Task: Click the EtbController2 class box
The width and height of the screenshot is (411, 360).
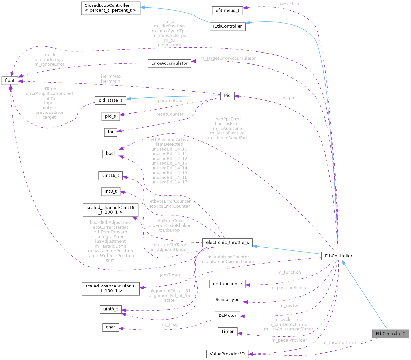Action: (390, 334)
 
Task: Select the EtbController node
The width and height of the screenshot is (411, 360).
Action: (338, 256)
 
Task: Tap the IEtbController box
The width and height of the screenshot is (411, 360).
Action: (227, 26)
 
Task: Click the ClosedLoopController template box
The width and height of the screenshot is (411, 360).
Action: (111, 8)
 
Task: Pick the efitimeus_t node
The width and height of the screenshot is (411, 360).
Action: (227, 10)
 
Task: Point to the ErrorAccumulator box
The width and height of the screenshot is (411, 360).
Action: (169, 63)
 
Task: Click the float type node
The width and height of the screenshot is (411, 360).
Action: (10, 81)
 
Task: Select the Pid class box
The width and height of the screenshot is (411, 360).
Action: (227, 96)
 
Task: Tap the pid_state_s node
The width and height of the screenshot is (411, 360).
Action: (110, 100)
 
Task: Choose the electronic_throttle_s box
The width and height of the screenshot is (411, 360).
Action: (227, 243)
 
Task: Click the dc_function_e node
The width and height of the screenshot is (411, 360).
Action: (227, 284)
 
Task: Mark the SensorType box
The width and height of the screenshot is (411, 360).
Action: (227, 300)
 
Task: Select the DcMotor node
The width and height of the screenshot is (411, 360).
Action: (227, 316)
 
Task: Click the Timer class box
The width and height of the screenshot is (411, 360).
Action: (227, 332)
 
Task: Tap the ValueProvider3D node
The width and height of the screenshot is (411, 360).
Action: (227, 354)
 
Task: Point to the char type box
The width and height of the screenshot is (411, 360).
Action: (110, 327)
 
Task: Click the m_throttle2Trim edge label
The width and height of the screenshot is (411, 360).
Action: (339, 343)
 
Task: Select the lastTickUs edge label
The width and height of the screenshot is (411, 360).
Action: (289, 4)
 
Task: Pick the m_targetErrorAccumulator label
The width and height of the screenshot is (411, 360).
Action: (228, 58)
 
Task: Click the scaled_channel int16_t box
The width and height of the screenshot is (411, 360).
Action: (110, 210)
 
